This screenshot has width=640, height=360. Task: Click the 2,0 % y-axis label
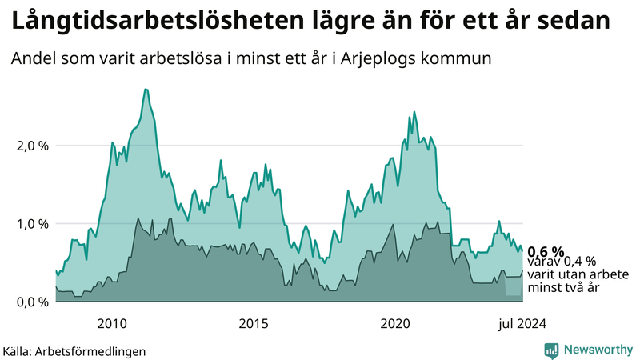[32, 146]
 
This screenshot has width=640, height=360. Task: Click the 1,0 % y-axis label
[32, 224]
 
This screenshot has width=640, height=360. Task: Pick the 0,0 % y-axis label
[32, 302]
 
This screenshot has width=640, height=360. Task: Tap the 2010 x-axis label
[111, 323]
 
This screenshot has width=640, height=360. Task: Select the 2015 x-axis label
[254, 323]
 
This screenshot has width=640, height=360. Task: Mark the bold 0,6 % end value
[546, 250]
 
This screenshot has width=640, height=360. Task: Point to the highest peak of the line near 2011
[146, 90]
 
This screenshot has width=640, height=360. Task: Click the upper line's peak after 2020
[414, 112]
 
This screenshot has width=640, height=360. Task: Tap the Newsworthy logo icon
[551, 350]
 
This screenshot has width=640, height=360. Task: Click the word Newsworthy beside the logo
[597, 350]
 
